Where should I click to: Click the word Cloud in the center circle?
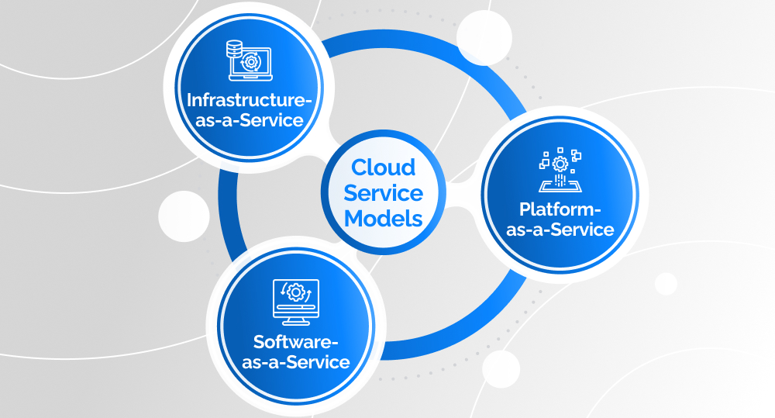384,168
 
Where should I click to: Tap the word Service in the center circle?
384,192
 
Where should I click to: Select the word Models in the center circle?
384,218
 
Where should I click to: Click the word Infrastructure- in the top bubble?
244,100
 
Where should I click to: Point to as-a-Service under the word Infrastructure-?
244,121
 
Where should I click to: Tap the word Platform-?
560,209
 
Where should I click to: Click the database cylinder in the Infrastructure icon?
232,50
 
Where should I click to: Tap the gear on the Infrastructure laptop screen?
250,62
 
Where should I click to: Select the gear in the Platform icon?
560,164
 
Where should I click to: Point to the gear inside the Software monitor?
295,293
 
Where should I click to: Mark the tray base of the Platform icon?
560,186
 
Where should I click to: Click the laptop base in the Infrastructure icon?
250,78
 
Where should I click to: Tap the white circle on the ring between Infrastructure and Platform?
482,36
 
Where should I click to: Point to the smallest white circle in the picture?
666,284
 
